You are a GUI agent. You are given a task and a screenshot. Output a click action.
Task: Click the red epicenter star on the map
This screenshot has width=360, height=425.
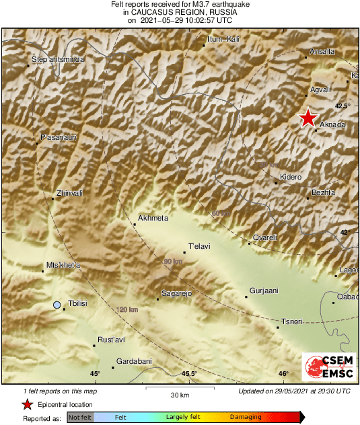click(x=308, y=118)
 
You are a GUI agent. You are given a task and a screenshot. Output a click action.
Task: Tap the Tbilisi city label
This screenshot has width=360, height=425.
click(x=79, y=304)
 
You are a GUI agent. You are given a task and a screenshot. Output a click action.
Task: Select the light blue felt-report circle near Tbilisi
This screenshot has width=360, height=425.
click(x=57, y=305)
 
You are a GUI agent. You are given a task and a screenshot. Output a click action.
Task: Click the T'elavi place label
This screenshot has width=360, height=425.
click(x=199, y=245)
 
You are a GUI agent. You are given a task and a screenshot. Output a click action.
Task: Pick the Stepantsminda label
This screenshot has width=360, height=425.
click(x=59, y=60)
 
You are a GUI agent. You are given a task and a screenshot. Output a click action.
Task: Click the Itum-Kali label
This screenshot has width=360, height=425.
click(x=224, y=39)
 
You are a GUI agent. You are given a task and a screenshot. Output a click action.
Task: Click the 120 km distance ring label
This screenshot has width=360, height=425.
click(x=127, y=309)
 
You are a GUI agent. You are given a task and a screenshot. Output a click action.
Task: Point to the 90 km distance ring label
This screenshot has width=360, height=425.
click(x=174, y=261)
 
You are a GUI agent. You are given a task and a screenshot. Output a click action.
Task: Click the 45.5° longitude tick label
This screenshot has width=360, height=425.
click(x=189, y=374)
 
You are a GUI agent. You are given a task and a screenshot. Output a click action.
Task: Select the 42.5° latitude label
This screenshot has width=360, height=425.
click(x=343, y=106)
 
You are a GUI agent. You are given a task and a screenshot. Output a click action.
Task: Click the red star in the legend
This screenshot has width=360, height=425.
click(x=27, y=404)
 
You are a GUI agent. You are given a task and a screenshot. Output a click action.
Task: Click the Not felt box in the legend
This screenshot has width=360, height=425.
click(x=80, y=418)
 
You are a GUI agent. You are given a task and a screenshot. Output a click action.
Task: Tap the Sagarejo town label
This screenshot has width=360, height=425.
click(x=177, y=293)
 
